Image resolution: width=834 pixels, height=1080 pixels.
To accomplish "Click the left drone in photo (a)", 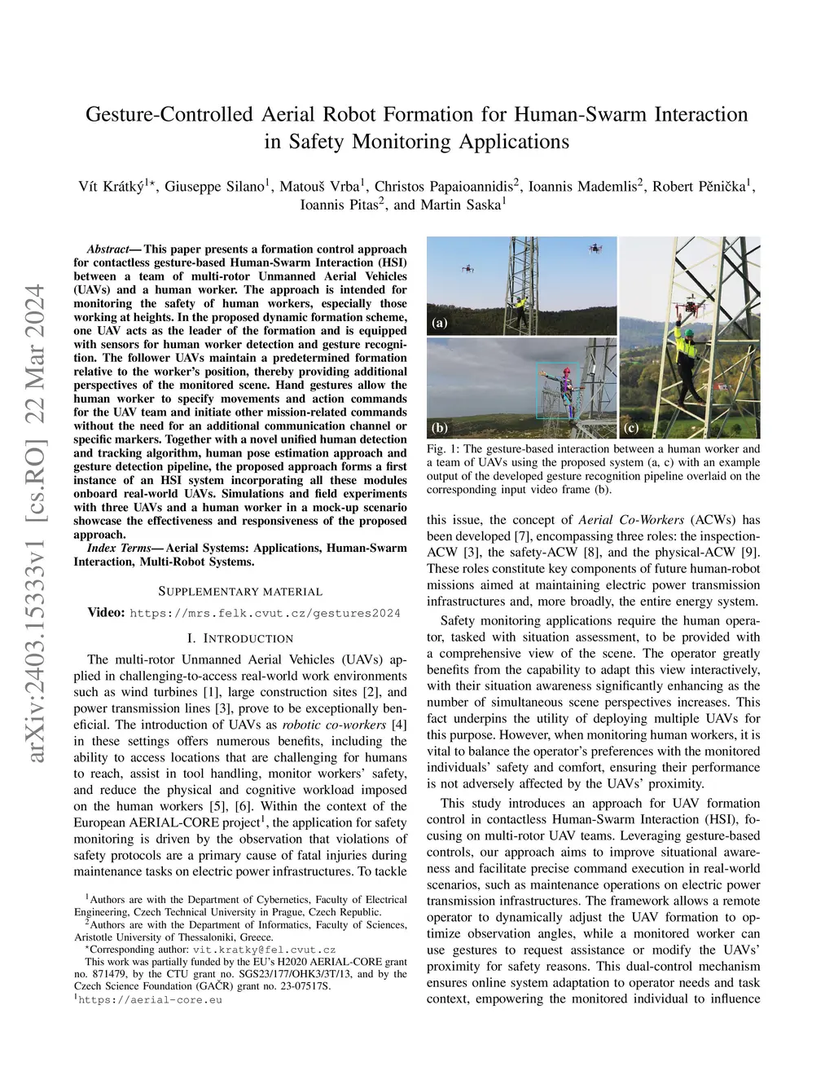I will click(467, 267).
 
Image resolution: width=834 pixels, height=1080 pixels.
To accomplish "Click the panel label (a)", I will click(440, 323).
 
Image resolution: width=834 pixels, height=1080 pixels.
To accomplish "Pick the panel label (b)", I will click(440, 427).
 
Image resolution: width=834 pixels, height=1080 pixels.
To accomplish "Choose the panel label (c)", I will click(630, 427).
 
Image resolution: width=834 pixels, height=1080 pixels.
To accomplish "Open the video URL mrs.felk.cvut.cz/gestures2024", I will click(265, 613).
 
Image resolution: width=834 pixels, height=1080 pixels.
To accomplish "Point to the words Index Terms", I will click(114, 548).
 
